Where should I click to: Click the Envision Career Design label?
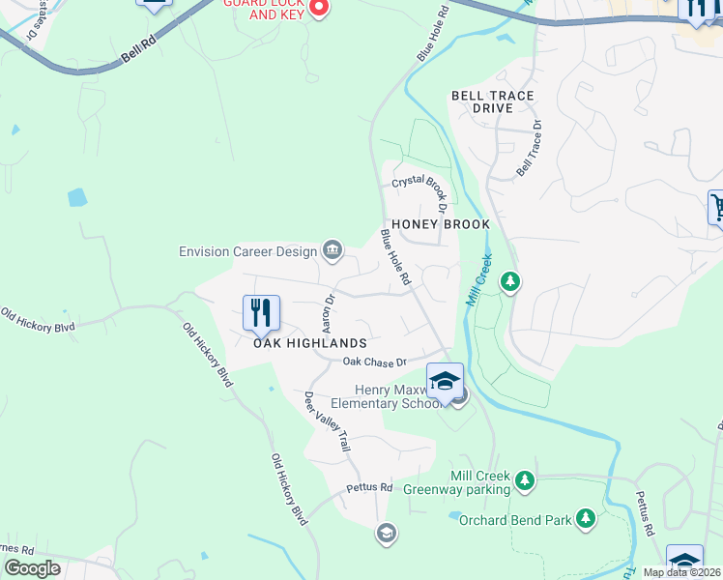click(248, 251)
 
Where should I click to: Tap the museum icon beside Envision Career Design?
click(333, 251)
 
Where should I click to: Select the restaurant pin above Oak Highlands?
click(261, 312)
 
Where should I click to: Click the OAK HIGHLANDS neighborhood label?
click(310, 343)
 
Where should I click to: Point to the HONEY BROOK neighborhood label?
click(440, 224)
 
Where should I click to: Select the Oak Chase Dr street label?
click(372, 362)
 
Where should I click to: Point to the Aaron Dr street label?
click(326, 312)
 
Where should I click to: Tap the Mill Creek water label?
click(480, 280)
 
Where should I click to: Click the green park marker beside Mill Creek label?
click(510, 281)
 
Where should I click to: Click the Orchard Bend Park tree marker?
click(585, 519)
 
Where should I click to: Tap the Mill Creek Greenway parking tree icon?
click(524, 480)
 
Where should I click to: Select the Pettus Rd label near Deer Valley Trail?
click(370, 487)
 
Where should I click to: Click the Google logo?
click(32, 568)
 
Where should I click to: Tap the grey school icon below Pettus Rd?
click(386, 533)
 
